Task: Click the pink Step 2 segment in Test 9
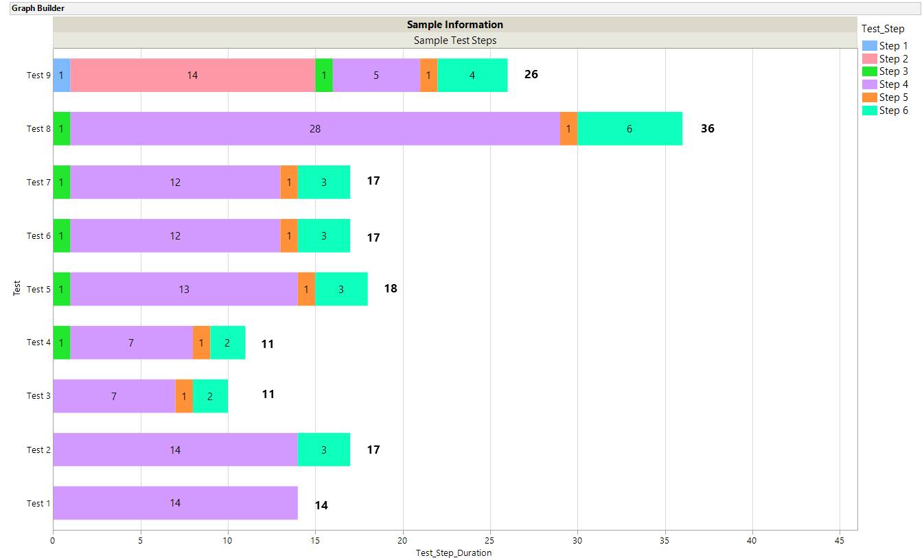192,75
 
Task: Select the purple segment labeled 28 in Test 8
314,128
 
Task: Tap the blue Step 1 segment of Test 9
61,75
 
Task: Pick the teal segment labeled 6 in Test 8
630,128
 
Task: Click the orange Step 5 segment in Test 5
306,289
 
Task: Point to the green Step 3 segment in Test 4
61,342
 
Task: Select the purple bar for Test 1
175,503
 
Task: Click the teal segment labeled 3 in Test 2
324,450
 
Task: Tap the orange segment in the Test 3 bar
184,396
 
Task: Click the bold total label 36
707,128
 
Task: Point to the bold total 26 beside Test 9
531,74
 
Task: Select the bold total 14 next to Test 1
321,505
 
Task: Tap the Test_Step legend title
883,29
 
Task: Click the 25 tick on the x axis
490,540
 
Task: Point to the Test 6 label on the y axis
38,235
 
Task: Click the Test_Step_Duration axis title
454,553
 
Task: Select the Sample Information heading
454,25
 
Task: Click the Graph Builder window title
38,8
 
